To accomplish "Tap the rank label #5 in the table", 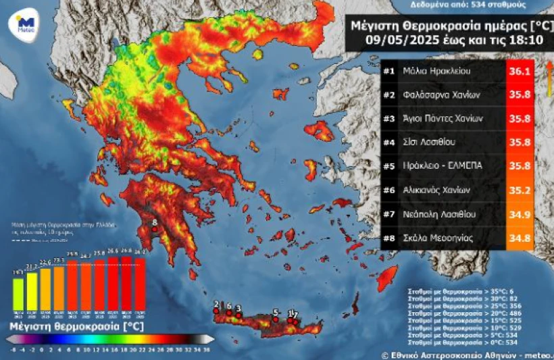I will tap(388, 165).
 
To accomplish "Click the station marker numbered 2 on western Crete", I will tap(216, 311).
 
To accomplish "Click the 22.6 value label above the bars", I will tap(45, 262).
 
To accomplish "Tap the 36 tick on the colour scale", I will tap(207, 349).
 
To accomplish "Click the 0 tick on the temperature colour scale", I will tap(41, 349).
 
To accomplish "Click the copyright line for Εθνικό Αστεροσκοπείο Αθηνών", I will tap(466, 354).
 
